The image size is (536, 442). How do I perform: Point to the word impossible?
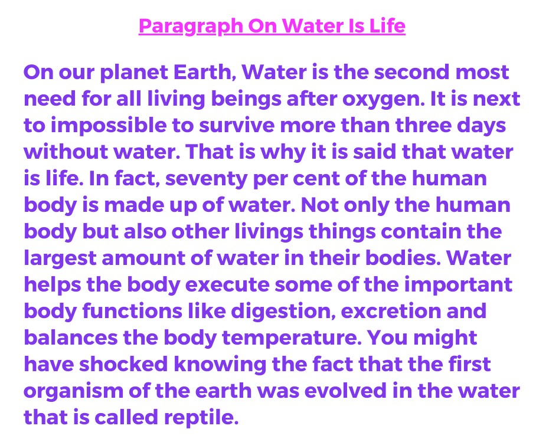[x=109, y=126]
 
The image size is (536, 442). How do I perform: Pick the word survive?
[x=237, y=126]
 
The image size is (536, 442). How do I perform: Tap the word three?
[x=423, y=125]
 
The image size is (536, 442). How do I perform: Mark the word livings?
[x=269, y=232]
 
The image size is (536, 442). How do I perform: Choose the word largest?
[x=60, y=259]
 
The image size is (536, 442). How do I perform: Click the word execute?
[x=227, y=285]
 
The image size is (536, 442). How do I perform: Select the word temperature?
[x=292, y=339]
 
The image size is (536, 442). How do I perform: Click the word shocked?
[x=123, y=364]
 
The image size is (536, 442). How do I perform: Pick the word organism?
[x=74, y=392]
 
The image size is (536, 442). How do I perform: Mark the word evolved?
[x=345, y=391]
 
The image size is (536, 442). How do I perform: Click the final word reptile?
[x=201, y=418]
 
